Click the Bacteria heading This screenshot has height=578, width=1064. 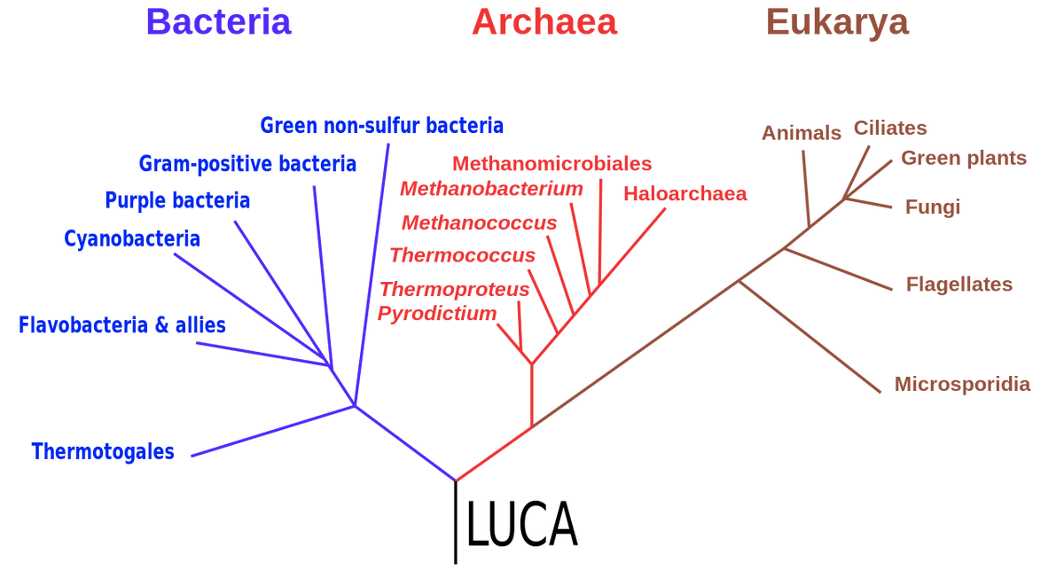click(x=218, y=22)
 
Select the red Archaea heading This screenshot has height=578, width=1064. click(x=544, y=22)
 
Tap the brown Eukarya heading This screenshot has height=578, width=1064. click(x=837, y=22)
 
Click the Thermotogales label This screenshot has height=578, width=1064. click(x=103, y=451)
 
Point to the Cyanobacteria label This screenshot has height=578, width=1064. click(x=132, y=238)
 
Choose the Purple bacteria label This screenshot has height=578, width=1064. click(x=177, y=200)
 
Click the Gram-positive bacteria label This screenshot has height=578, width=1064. click(x=247, y=163)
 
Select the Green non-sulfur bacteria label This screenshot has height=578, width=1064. click(x=382, y=125)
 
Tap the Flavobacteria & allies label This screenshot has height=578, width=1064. click(x=122, y=325)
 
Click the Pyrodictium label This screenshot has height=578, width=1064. click(x=435, y=314)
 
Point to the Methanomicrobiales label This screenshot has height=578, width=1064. click(x=552, y=164)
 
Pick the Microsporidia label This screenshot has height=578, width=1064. click(x=962, y=384)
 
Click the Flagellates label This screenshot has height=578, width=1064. click(x=958, y=285)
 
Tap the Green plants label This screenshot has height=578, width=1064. click(x=964, y=159)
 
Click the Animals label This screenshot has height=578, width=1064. click(x=801, y=133)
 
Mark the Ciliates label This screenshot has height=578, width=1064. click(x=890, y=128)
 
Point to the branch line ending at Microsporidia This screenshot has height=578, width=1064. click(x=811, y=337)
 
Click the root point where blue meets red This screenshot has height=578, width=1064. click(x=456, y=480)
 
